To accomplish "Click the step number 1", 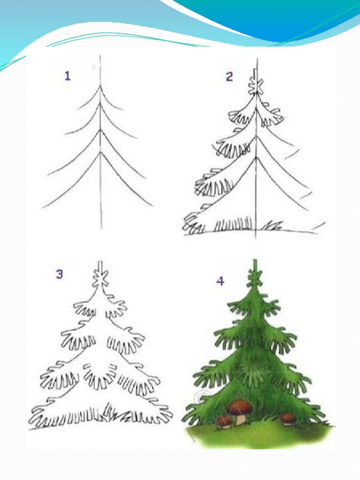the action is coord(67,76).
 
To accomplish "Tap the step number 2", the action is coord(229,76).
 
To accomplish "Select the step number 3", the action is coord(59,274).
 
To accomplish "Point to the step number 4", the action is coord(220,281).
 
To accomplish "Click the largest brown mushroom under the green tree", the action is coord(240,411).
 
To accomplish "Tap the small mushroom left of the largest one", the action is coord(225,422).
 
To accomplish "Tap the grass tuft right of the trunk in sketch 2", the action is coord(271,226).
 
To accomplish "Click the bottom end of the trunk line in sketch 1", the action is coord(102,229).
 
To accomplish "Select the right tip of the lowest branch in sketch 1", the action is coord(153,206).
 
